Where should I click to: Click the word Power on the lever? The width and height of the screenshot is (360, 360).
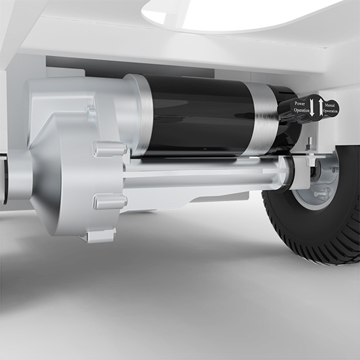point(300,103)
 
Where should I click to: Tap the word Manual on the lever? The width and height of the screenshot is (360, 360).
point(330,105)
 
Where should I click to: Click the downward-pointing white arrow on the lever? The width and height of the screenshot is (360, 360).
point(312,107)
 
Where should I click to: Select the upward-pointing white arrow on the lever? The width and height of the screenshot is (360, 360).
point(321,107)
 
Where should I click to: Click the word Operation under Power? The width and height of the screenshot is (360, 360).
point(302,110)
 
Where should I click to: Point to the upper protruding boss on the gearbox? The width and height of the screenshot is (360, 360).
point(109,149)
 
